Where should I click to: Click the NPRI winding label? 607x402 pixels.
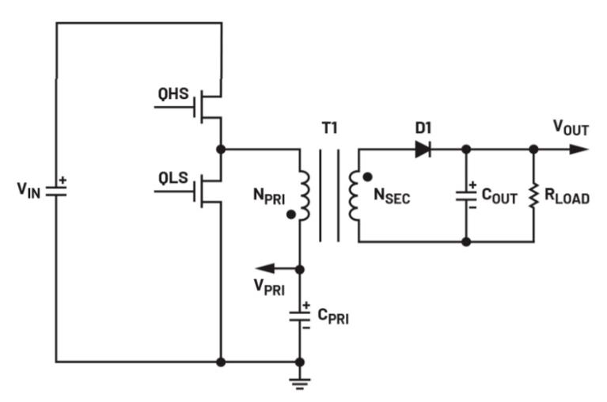click(264, 194)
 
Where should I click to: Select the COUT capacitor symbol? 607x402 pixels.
click(466, 194)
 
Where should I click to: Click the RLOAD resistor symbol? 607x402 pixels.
click(534, 194)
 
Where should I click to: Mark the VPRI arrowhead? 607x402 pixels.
click(264, 269)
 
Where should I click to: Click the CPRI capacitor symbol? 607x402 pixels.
click(301, 314)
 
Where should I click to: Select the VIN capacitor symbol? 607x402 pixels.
click(55, 190)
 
